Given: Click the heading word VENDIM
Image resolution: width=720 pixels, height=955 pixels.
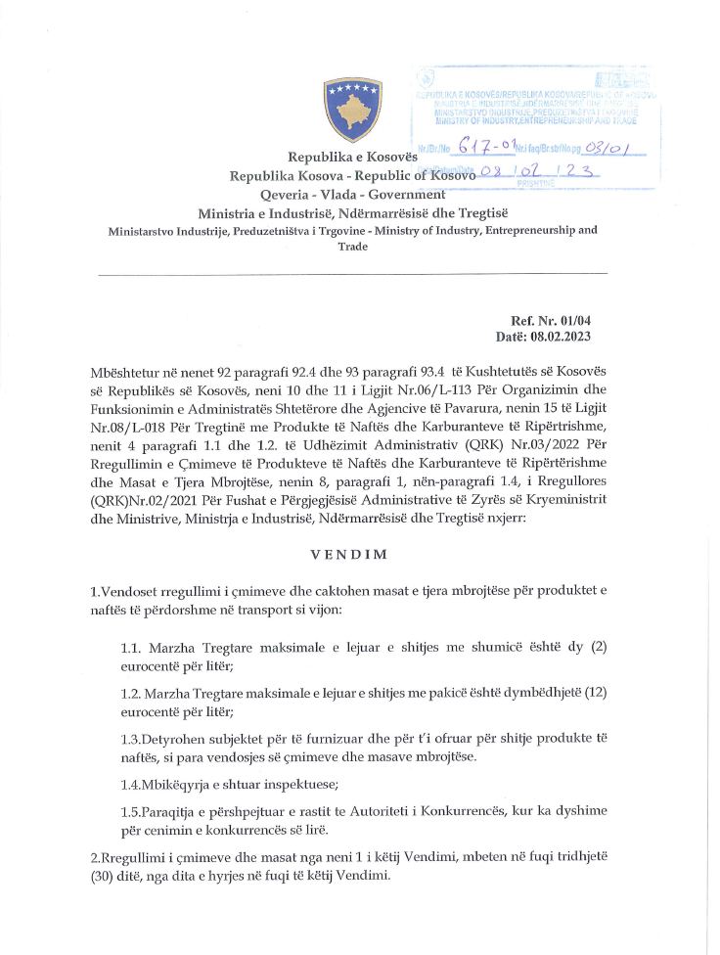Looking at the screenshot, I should coord(349,554).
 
